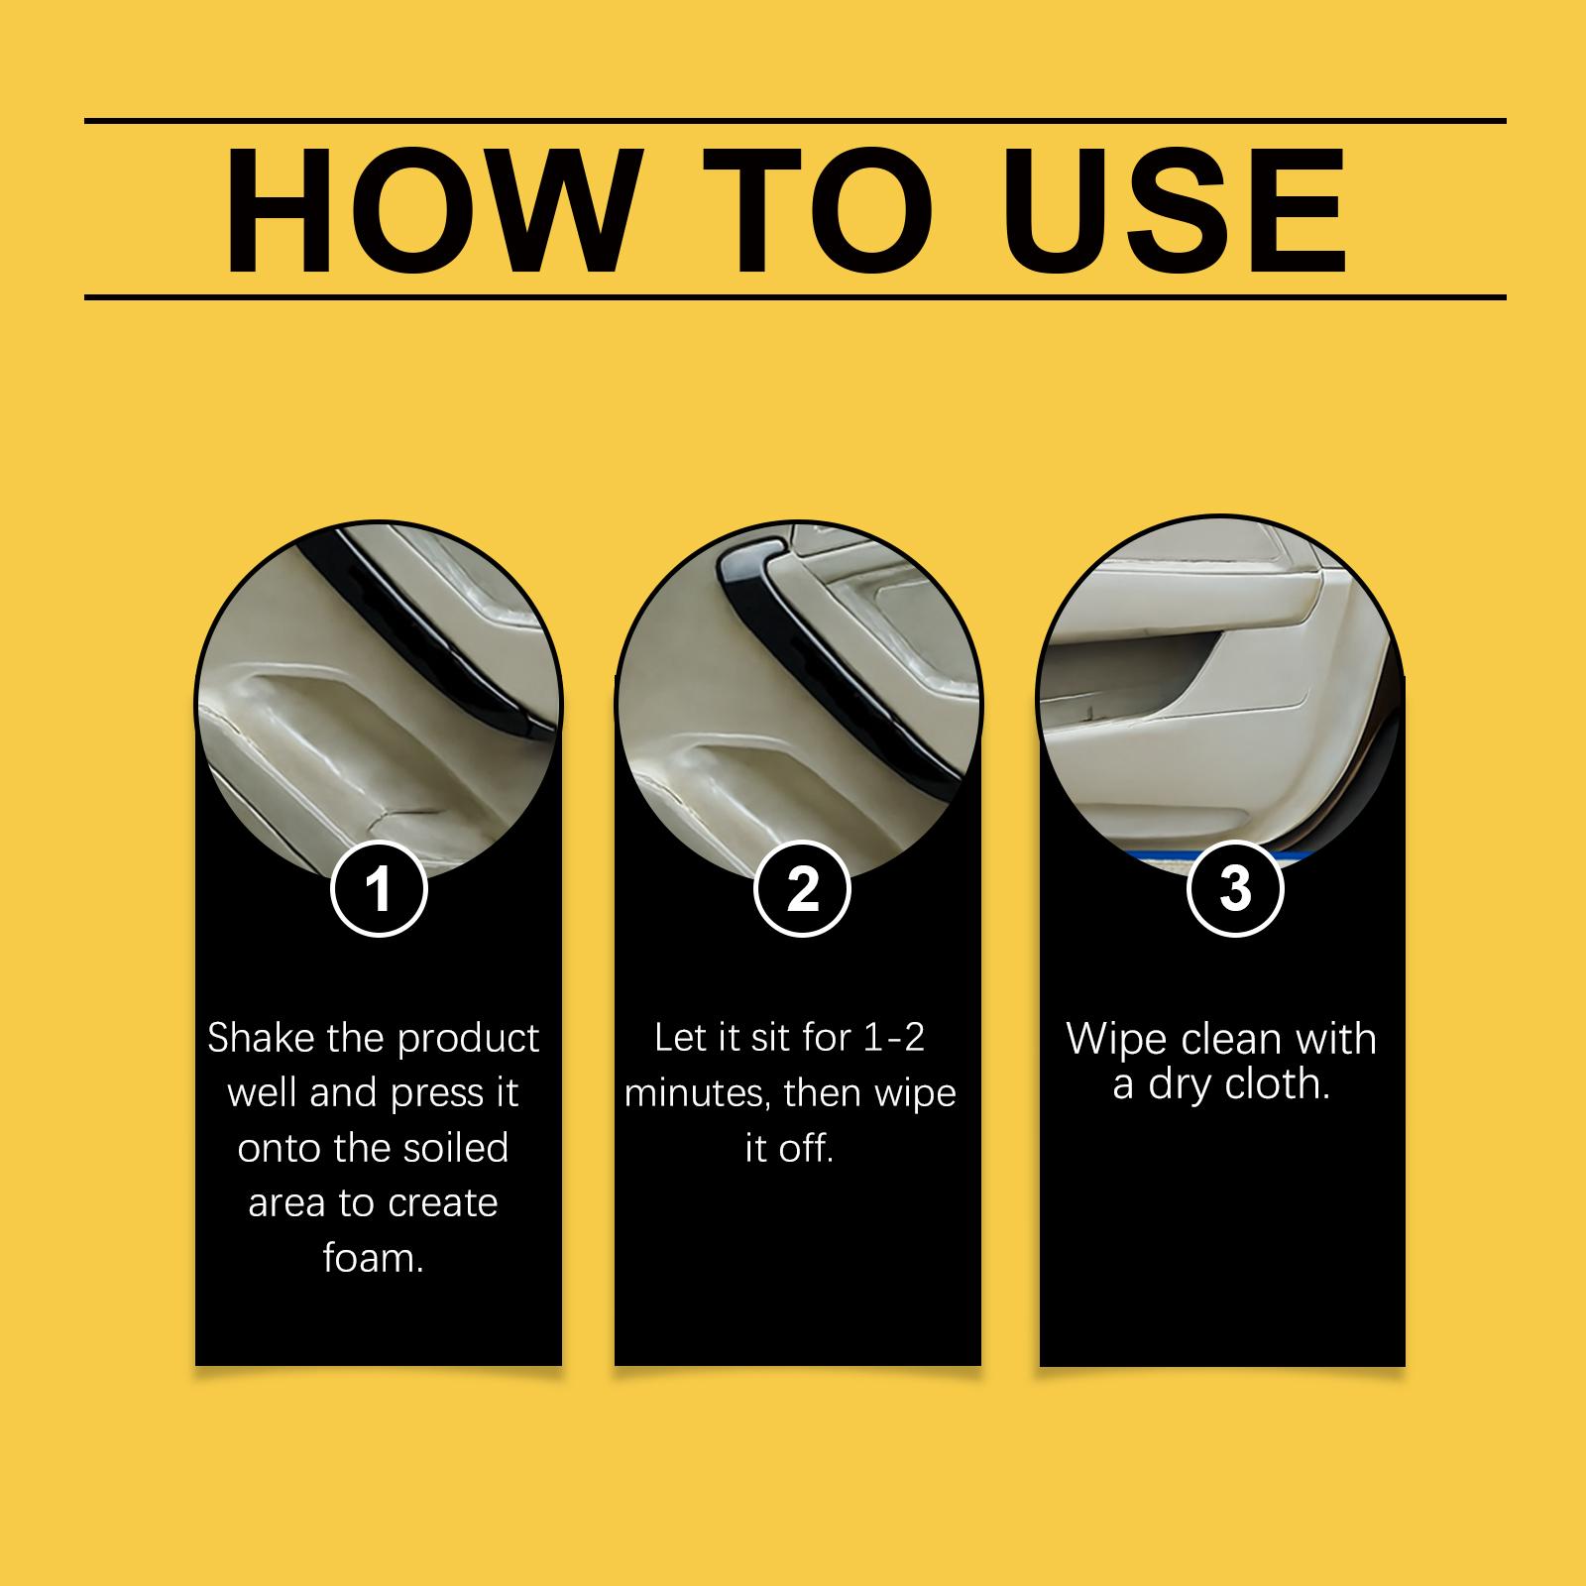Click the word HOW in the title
[430, 210]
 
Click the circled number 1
[378, 888]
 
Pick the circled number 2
[802, 888]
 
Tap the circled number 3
[1234, 888]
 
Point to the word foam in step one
[367, 1258]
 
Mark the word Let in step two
[681, 1038]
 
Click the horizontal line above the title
[795, 121]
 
